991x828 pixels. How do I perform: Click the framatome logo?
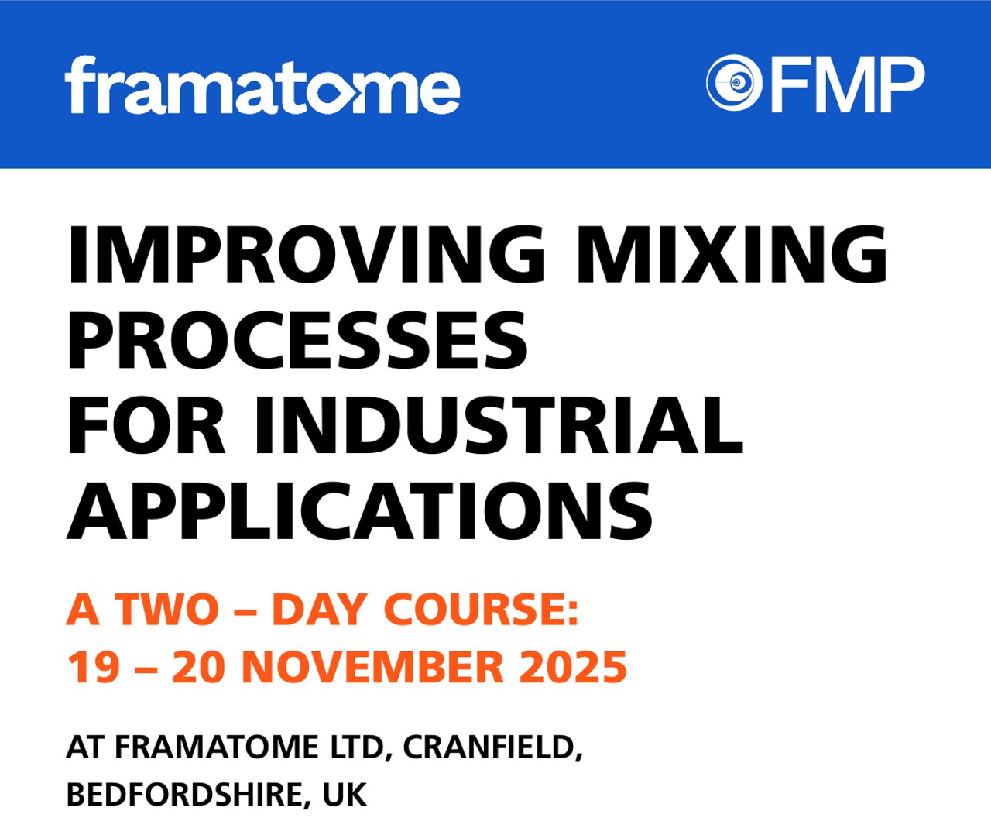tap(262, 85)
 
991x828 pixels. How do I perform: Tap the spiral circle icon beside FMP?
tap(734, 83)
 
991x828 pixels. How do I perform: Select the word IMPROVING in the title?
tap(306, 255)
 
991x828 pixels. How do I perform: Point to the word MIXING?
tap(732, 255)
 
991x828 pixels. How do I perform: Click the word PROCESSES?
tap(297, 340)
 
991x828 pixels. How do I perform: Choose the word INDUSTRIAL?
tap(499, 425)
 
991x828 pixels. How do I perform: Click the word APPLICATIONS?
tap(359, 510)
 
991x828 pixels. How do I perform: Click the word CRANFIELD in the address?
tap(492, 747)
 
